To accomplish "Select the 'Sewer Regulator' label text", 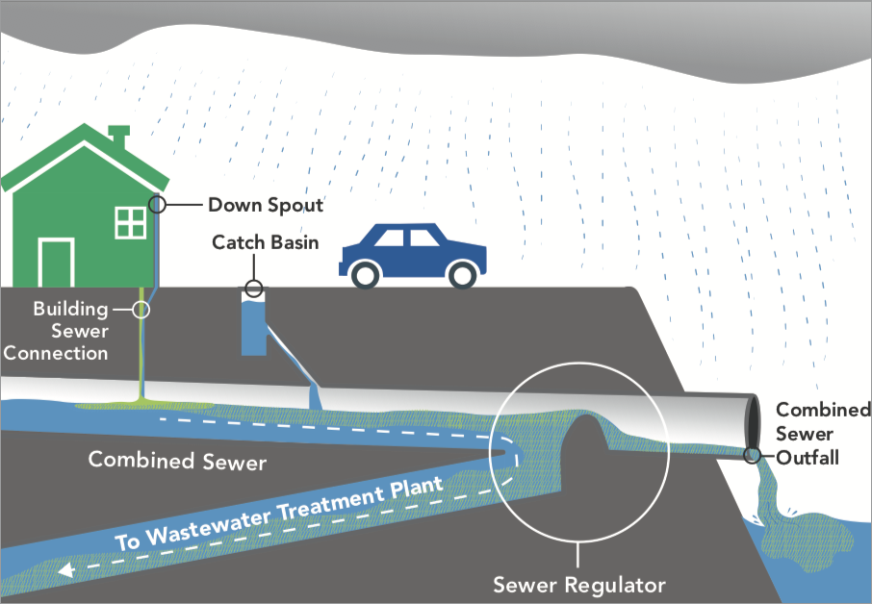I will point(578,584).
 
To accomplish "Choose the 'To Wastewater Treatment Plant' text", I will point(279,513).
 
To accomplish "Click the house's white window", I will point(129,221).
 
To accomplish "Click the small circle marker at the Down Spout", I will point(158,204).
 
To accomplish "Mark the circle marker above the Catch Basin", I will point(254,287).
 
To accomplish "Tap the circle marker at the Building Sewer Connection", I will point(142,309).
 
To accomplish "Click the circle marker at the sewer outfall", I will point(752,455).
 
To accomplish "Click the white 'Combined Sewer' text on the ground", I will point(177,461).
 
